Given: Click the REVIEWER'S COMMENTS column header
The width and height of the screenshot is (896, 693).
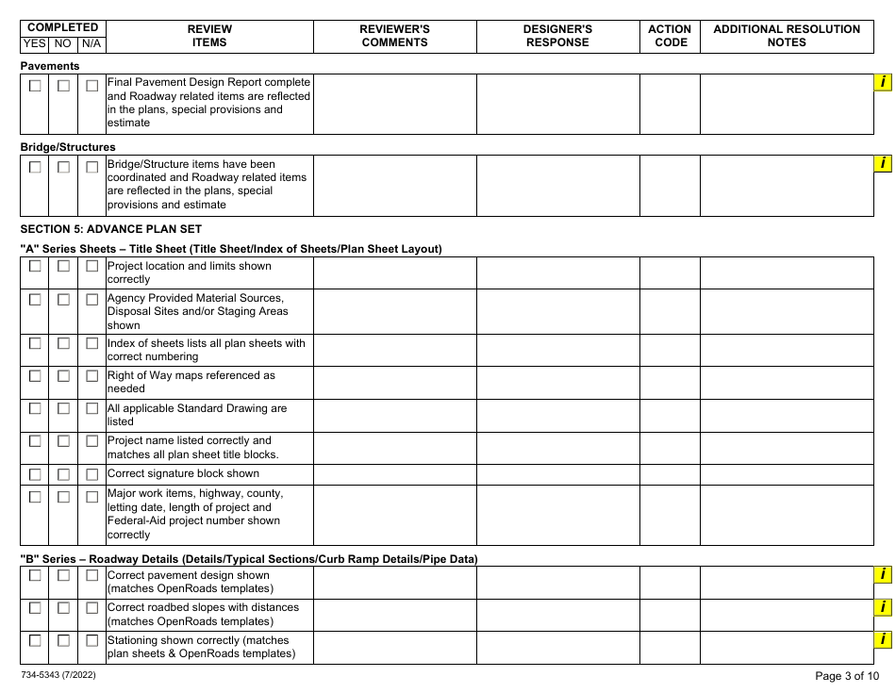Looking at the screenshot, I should pyautogui.click(x=394, y=36).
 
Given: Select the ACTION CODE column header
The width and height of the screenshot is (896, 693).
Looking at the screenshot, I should pyautogui.click(x=670, y=36).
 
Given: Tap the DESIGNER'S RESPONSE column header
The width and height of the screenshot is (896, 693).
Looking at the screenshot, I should pyautogui.click(x=557, y=36).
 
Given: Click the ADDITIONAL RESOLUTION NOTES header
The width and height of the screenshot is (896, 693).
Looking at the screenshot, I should pyautogui.click(x=786, y=36).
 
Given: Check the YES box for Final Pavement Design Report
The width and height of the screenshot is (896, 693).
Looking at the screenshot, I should pyautogui.click(x=35, y=86).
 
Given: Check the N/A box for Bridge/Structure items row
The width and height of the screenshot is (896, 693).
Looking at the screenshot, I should pyautogui.click(x=91, y=167).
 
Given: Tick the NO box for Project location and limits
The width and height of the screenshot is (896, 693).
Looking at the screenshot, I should pyautogui.click(x=63, y=267).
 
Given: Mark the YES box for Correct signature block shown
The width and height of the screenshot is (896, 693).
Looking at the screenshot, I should pyautogui.click(x=35, y=474).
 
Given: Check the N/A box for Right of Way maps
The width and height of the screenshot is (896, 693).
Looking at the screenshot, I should pyautogui.click(x=91, y=376).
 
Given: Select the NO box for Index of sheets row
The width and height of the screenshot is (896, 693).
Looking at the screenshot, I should pyautogui.click(x=63, y=344).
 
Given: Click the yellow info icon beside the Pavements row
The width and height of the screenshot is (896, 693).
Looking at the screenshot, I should pyautogui.click(x=883, y=83).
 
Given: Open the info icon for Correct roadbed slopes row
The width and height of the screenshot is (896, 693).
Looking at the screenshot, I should pyautogui.click(x=883, y=607).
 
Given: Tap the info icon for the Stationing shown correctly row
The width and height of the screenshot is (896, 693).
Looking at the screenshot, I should pyautogui.click(x=883, y=640).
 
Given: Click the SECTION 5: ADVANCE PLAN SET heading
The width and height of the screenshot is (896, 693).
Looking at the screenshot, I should pyautogui.click(x=110, y=229).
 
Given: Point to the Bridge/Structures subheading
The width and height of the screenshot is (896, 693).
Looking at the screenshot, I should pyautogui.click(x=68, y=147).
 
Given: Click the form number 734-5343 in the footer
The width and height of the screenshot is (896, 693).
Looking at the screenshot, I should pyautogui.click(x=57, y=676).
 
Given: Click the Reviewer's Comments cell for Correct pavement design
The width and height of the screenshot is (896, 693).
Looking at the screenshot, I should pyautogui.click(x=394, y=582).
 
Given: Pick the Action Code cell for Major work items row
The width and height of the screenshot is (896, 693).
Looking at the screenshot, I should pyautogui.click(x=670, y=514).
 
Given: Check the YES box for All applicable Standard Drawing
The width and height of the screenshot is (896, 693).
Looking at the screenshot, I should pyautogui.click(x=35, y=409).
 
